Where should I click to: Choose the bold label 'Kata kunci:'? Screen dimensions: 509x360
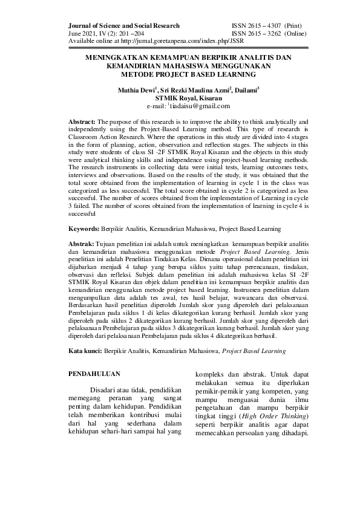[85, 350]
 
